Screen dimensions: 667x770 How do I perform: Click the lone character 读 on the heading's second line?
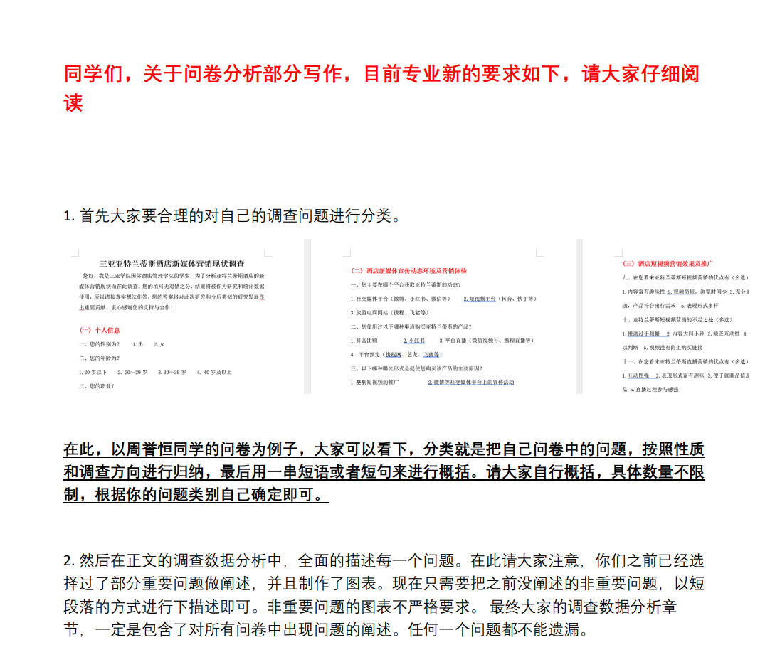point(73,103)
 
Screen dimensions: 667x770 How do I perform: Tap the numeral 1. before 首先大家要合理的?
point(69,215)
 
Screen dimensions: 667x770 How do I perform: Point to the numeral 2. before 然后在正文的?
point(69,561)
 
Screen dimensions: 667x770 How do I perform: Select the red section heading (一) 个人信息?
point(99,330)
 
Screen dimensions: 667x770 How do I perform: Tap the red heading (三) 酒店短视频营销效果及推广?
point(668,263)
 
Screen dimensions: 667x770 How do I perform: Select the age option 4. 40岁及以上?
point(214,372)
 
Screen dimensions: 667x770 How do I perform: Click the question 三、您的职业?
point(97,386)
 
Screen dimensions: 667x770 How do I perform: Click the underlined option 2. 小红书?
point(413,341)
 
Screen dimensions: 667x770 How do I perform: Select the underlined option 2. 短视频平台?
point(479,299)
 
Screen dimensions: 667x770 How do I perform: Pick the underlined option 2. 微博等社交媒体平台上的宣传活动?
point(471,383)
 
